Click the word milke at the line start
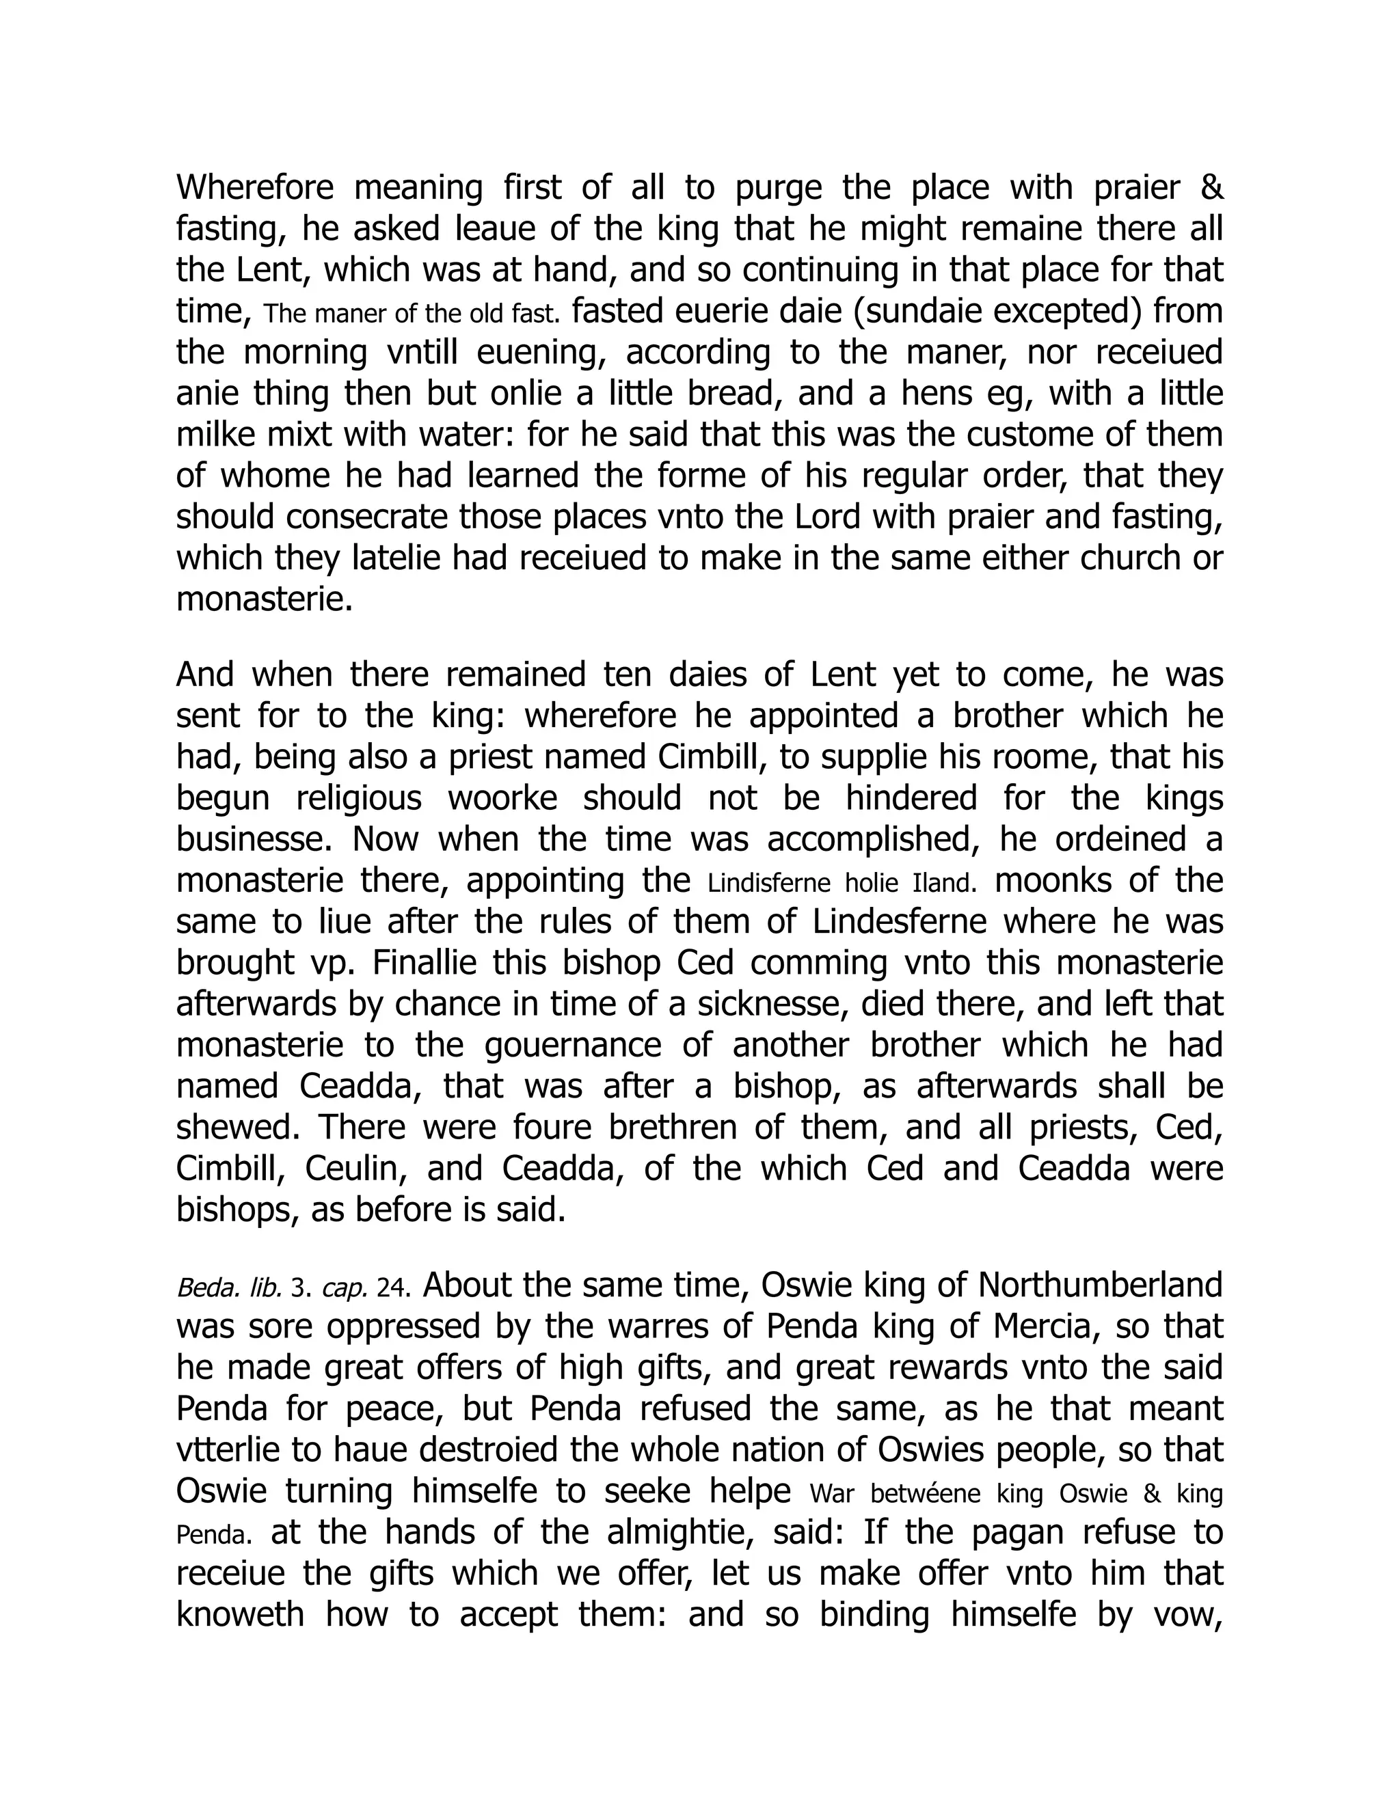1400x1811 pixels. tap(211, 435)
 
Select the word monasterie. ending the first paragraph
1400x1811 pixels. tap(265, 599)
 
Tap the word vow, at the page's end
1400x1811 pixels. tap(1187, 1614)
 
